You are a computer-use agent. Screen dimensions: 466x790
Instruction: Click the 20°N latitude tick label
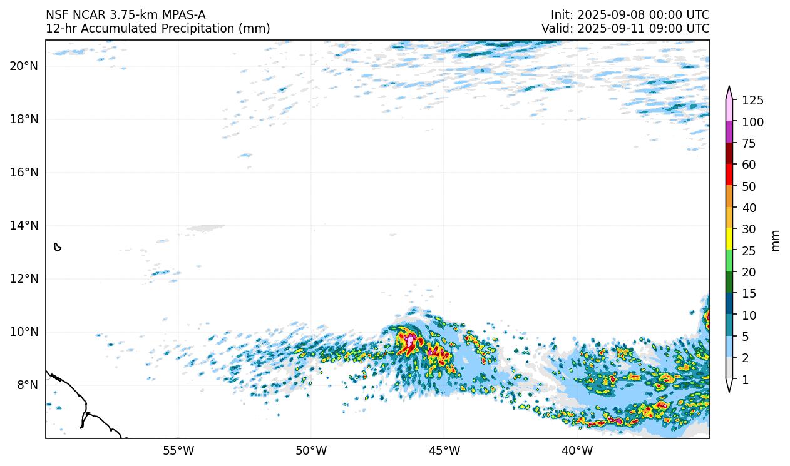click(x=24, y=66)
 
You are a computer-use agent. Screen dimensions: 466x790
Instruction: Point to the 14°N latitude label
click(x=24, y=225)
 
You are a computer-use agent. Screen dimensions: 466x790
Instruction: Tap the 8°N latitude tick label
click(x=26, y=385)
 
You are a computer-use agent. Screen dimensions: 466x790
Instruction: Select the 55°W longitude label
click(x=178, y=450)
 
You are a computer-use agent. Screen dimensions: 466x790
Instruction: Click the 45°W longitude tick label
click(x=444, y=450)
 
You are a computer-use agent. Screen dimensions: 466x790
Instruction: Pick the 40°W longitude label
click(x=577, y=450)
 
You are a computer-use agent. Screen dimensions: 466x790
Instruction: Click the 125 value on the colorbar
click(x=752, y=100)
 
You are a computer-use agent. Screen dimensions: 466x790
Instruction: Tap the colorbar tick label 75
click(x=749, y=143)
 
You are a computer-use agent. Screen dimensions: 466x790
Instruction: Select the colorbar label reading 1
click(x=745, y=380)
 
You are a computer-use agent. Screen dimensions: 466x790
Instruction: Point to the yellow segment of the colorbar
click(x=729, y=240)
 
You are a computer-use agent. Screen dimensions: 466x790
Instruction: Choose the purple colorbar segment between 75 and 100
click(x=729, y=132)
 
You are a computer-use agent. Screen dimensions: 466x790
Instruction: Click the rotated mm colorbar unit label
click(x=776, y=240)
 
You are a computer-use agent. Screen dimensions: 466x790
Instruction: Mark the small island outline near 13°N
click(x=58, y=247)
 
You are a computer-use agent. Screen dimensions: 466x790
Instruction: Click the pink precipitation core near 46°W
click(x=410, y=341)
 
